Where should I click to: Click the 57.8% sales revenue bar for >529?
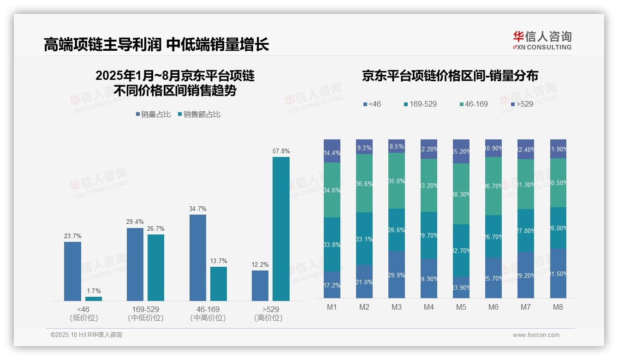[281, 229]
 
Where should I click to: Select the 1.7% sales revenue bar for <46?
[93, 299]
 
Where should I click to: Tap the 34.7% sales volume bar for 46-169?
[197, 258]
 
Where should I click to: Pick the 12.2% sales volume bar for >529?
[260, 286]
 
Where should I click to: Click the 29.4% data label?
[135, 222]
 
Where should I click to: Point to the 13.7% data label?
[219, 261]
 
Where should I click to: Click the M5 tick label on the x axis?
[461, 307]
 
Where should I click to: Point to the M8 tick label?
[558, 307]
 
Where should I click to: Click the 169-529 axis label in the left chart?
[145, 309]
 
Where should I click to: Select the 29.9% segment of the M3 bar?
[397, 275]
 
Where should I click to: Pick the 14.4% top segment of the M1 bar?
[332, 151]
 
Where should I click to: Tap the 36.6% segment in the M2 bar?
[364, 183]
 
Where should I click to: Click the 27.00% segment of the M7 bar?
[525, 230]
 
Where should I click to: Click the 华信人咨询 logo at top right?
[542, 40]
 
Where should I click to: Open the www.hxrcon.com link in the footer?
[535, 335]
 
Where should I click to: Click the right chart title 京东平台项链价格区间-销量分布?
[450, 76]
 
